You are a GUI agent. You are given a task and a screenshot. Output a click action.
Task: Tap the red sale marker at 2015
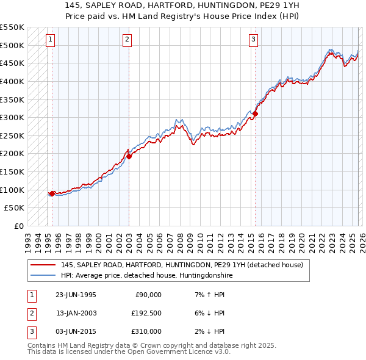coord(256,113)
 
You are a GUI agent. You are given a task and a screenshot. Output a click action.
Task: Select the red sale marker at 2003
coord(129,156)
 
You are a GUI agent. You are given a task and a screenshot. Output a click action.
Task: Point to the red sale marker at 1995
coord(52,193)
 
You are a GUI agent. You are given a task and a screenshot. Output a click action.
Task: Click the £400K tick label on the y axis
coord(12,81)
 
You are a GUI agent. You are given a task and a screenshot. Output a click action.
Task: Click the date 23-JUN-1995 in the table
coord(76,295)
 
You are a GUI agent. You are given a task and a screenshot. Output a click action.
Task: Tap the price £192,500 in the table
coord(146,313)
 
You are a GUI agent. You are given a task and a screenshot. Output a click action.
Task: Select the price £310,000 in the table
coord(146,331)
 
